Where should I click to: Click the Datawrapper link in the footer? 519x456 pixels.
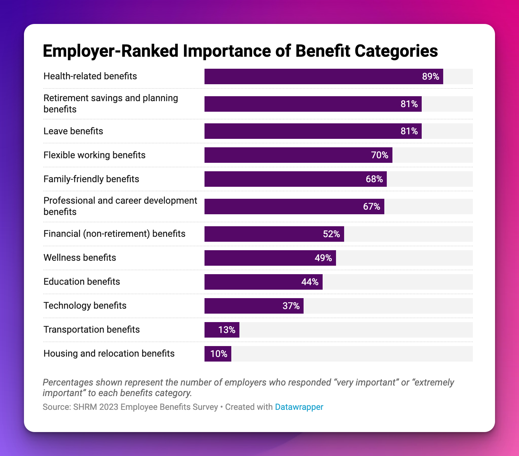click(299, 407)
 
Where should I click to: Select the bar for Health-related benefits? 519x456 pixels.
click(324, 76)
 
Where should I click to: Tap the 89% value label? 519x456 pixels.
click(431, 76)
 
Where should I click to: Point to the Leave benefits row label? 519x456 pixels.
click(73, 131)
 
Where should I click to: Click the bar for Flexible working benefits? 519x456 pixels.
click(298, 155)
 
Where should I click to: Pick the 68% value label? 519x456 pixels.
click(374, 179)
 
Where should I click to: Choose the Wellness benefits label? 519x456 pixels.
click(80, 258)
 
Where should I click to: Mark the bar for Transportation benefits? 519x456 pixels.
click(222, 330)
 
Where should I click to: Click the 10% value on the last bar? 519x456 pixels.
click(219, 354)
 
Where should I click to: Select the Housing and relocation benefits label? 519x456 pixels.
click(109, 353)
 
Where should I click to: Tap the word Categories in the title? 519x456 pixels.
click(396, 51)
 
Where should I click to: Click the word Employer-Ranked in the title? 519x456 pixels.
click(111, 51)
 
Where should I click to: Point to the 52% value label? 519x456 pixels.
click(331, 234)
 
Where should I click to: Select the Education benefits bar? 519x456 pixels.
click(263, 282)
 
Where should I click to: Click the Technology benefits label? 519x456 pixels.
click(85, 306)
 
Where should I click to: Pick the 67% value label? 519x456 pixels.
click(372, 207)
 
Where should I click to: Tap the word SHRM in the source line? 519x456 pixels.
click(85, 407)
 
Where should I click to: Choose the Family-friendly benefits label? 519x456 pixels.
click(91, 179)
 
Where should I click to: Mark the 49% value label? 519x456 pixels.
click(323, 258)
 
